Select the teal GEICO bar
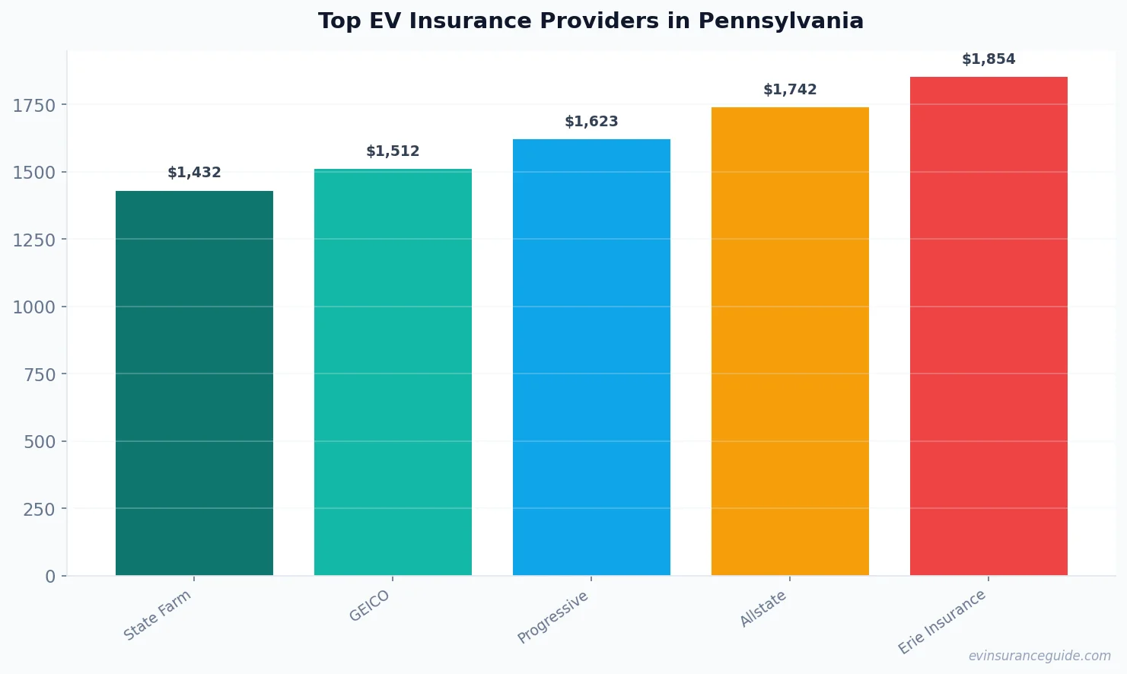(x=393, y=372)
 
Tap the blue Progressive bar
(x=591, y=357)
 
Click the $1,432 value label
(x=194, y=173)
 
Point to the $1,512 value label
(x=393, y=151)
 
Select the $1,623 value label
(x=591, y=122)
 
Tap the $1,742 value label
(x=790, y=90)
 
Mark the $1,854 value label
(x=989, y=59)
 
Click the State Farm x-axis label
(x=158, y=615)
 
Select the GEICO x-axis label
(x=370, y=606)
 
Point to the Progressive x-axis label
(x=553, y=617)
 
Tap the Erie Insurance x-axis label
(x=942, y=622)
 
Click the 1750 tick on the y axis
(x=34, y=106)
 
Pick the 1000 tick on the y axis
(x=34, y=307)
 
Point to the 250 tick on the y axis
(x=39, y=510)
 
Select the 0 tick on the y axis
(x=50, y=577)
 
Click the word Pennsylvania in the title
(x=781, y=21)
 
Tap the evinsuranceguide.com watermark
(x=1039, y=656)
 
